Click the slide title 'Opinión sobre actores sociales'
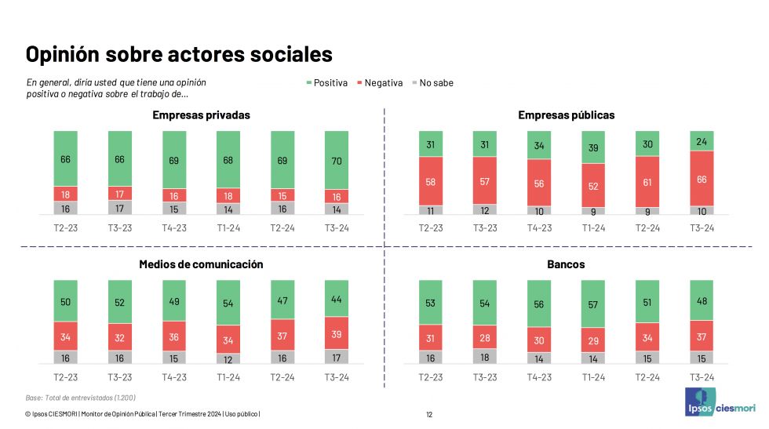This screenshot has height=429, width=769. click(179, 54)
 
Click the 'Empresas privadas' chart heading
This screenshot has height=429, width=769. click(201, 115)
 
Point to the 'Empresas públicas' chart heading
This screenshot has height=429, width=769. click(566, 115)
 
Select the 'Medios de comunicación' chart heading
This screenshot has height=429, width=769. click(201, 264)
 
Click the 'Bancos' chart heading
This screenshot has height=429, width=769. click(566, 264)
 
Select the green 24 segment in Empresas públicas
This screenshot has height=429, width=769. click(701, 140)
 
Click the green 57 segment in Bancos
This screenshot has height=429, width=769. click(592, 303)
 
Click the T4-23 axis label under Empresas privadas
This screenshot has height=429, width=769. click(173, 228)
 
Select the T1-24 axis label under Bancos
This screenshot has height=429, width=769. click(592, 377)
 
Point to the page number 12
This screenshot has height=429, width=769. click(429, 415)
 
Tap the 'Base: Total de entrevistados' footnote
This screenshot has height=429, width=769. click(70, 398)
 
